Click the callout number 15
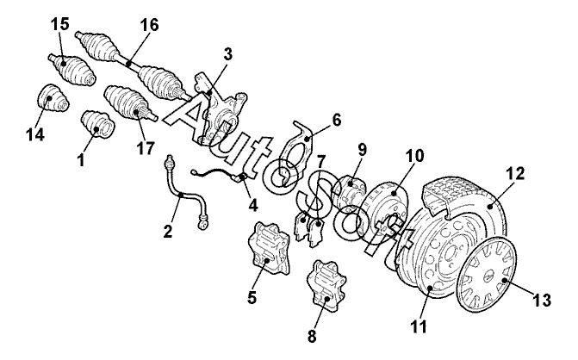point(59,24)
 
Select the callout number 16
point(149,25)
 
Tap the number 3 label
point(228,54)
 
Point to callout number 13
point(542,300)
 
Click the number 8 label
point(312,336)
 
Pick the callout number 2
point(168,231)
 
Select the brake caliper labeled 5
point(269,248)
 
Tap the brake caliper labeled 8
point(326,283)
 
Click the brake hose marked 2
point(182,196)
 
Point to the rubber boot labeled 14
point(53,97)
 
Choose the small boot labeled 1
point(97,125)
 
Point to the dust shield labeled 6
point(294,154)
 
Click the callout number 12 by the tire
point(515,173)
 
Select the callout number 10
point(414,156)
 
